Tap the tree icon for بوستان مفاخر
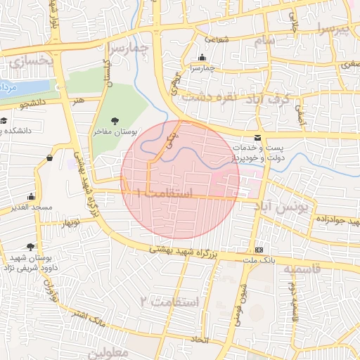pos(115,120)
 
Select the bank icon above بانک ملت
pos(259,250)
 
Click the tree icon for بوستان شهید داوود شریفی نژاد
pos(30,247)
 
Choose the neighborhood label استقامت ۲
pos(169,301)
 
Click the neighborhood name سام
pos(264,41)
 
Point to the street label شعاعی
pos(217,40)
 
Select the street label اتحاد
pos(198,340)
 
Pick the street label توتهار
pos(70,222)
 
